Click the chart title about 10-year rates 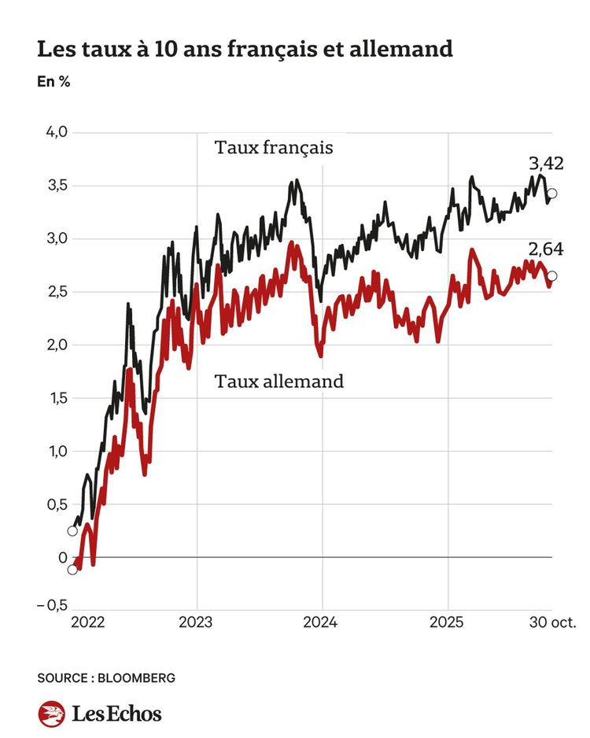point(245,50)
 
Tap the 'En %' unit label point(53,82)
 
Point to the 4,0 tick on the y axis point(55,132)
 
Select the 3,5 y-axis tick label point(55,186)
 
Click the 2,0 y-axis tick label point(55,345)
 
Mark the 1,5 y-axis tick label point(55,398)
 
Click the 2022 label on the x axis point(88,622)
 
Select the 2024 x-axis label point(322,622)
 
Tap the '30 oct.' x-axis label point(551,622)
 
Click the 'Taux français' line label point(274,148)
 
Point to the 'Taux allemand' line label point(278,382)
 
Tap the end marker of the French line point(552,194)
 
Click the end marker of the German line point(552,276)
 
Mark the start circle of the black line point(72,530)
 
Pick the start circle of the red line point(72,570)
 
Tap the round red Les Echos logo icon point(52,714)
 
